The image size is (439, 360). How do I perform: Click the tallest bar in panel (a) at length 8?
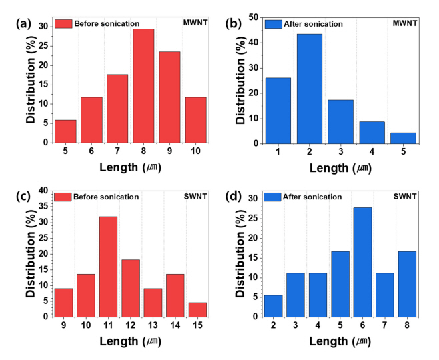143,85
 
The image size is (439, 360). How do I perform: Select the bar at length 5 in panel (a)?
65,131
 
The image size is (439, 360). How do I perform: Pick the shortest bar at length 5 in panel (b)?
404,138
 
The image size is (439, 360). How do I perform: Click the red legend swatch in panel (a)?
63,24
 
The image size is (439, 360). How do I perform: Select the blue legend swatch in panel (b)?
274,24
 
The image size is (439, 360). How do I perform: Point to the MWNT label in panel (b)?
407,23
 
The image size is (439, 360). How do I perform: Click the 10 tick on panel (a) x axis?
195,151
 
